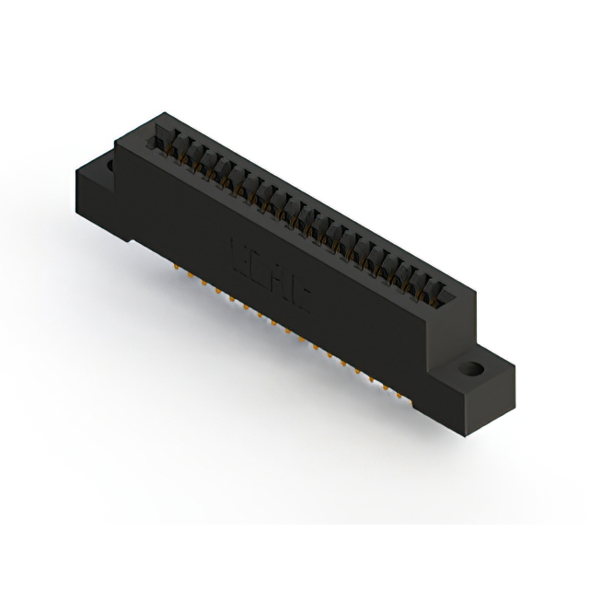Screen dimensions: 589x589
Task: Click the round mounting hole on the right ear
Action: (x=471, y=370)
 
